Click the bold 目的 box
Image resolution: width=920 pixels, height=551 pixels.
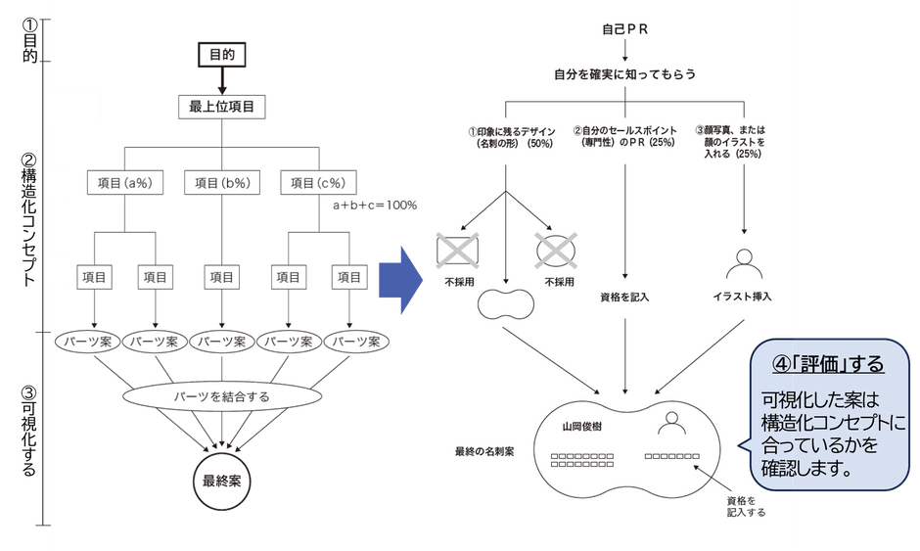pyautogui.click(x=222, y=55)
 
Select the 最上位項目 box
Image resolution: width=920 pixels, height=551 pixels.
pyautogui.click(x=222, y=107)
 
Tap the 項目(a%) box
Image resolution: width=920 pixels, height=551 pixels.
pyautogui.click(x=125, y=182)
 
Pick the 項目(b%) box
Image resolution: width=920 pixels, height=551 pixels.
pyautogui.click(x=222, y=182)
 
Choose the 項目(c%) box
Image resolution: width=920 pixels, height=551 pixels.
pyautogui.click(x=319, y=182)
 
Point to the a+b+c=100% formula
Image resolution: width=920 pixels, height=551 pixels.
pyautogui.click(x=375, y=206)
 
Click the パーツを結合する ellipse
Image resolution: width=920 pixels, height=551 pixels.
pyautogui.click(x=222, y=396)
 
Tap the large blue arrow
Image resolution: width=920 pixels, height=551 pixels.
pyautogui.click(x=400, y=280)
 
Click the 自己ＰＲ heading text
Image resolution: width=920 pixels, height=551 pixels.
pyautogui.click(x=624, y=29)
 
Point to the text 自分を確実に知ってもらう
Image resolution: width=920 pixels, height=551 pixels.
pyautogui.click(x=624, y=74)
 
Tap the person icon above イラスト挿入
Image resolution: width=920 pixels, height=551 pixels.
pyautogui.click(x=744, y=264)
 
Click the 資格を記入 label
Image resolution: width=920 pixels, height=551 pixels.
pyautogui.click(x=624, y=298)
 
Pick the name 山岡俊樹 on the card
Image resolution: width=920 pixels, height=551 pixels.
pyautogui.click(x=582, y=427)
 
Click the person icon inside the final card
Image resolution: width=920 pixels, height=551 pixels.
pyautogui.click(x=671, y=423)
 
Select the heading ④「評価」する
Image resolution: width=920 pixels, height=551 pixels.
pyautogui.click(x=828, y=364)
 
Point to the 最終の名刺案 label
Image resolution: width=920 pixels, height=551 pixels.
pyautogui.click(x=484, y=451)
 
